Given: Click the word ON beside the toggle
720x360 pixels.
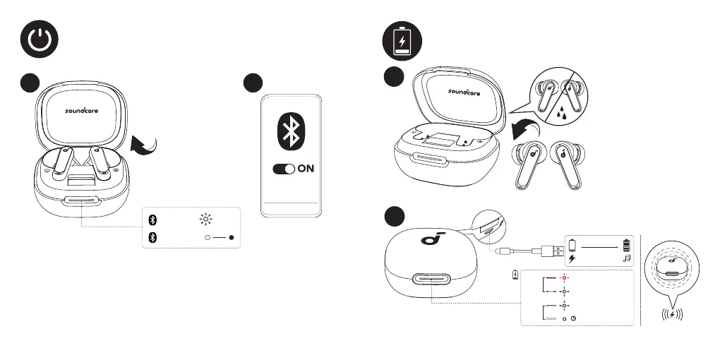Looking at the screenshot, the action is click(306, 170).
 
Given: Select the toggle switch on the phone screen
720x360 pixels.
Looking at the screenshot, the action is click(283, 170).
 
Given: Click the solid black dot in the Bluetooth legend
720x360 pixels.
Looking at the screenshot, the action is click(232, 238).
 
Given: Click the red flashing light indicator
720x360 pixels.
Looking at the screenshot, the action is click(565, 277).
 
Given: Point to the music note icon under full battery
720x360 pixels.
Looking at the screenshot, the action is click(625, 259).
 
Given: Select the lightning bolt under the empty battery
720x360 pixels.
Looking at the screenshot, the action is click(572, 259).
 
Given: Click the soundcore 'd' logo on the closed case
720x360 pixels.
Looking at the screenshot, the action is click(428, 240).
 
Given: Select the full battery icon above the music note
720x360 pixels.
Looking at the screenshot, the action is click(625, 245).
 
